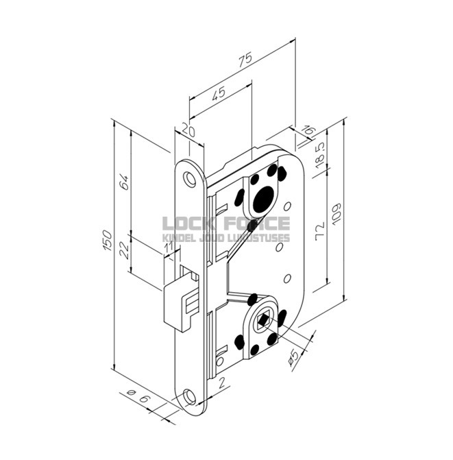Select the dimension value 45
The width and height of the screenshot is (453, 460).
point(219,95)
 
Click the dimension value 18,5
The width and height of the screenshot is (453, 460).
point(320,156)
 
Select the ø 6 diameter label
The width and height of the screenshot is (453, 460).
point(136,394)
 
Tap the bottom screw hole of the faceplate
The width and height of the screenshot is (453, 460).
point(189,398)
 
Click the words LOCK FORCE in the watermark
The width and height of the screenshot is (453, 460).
point(226,224)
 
